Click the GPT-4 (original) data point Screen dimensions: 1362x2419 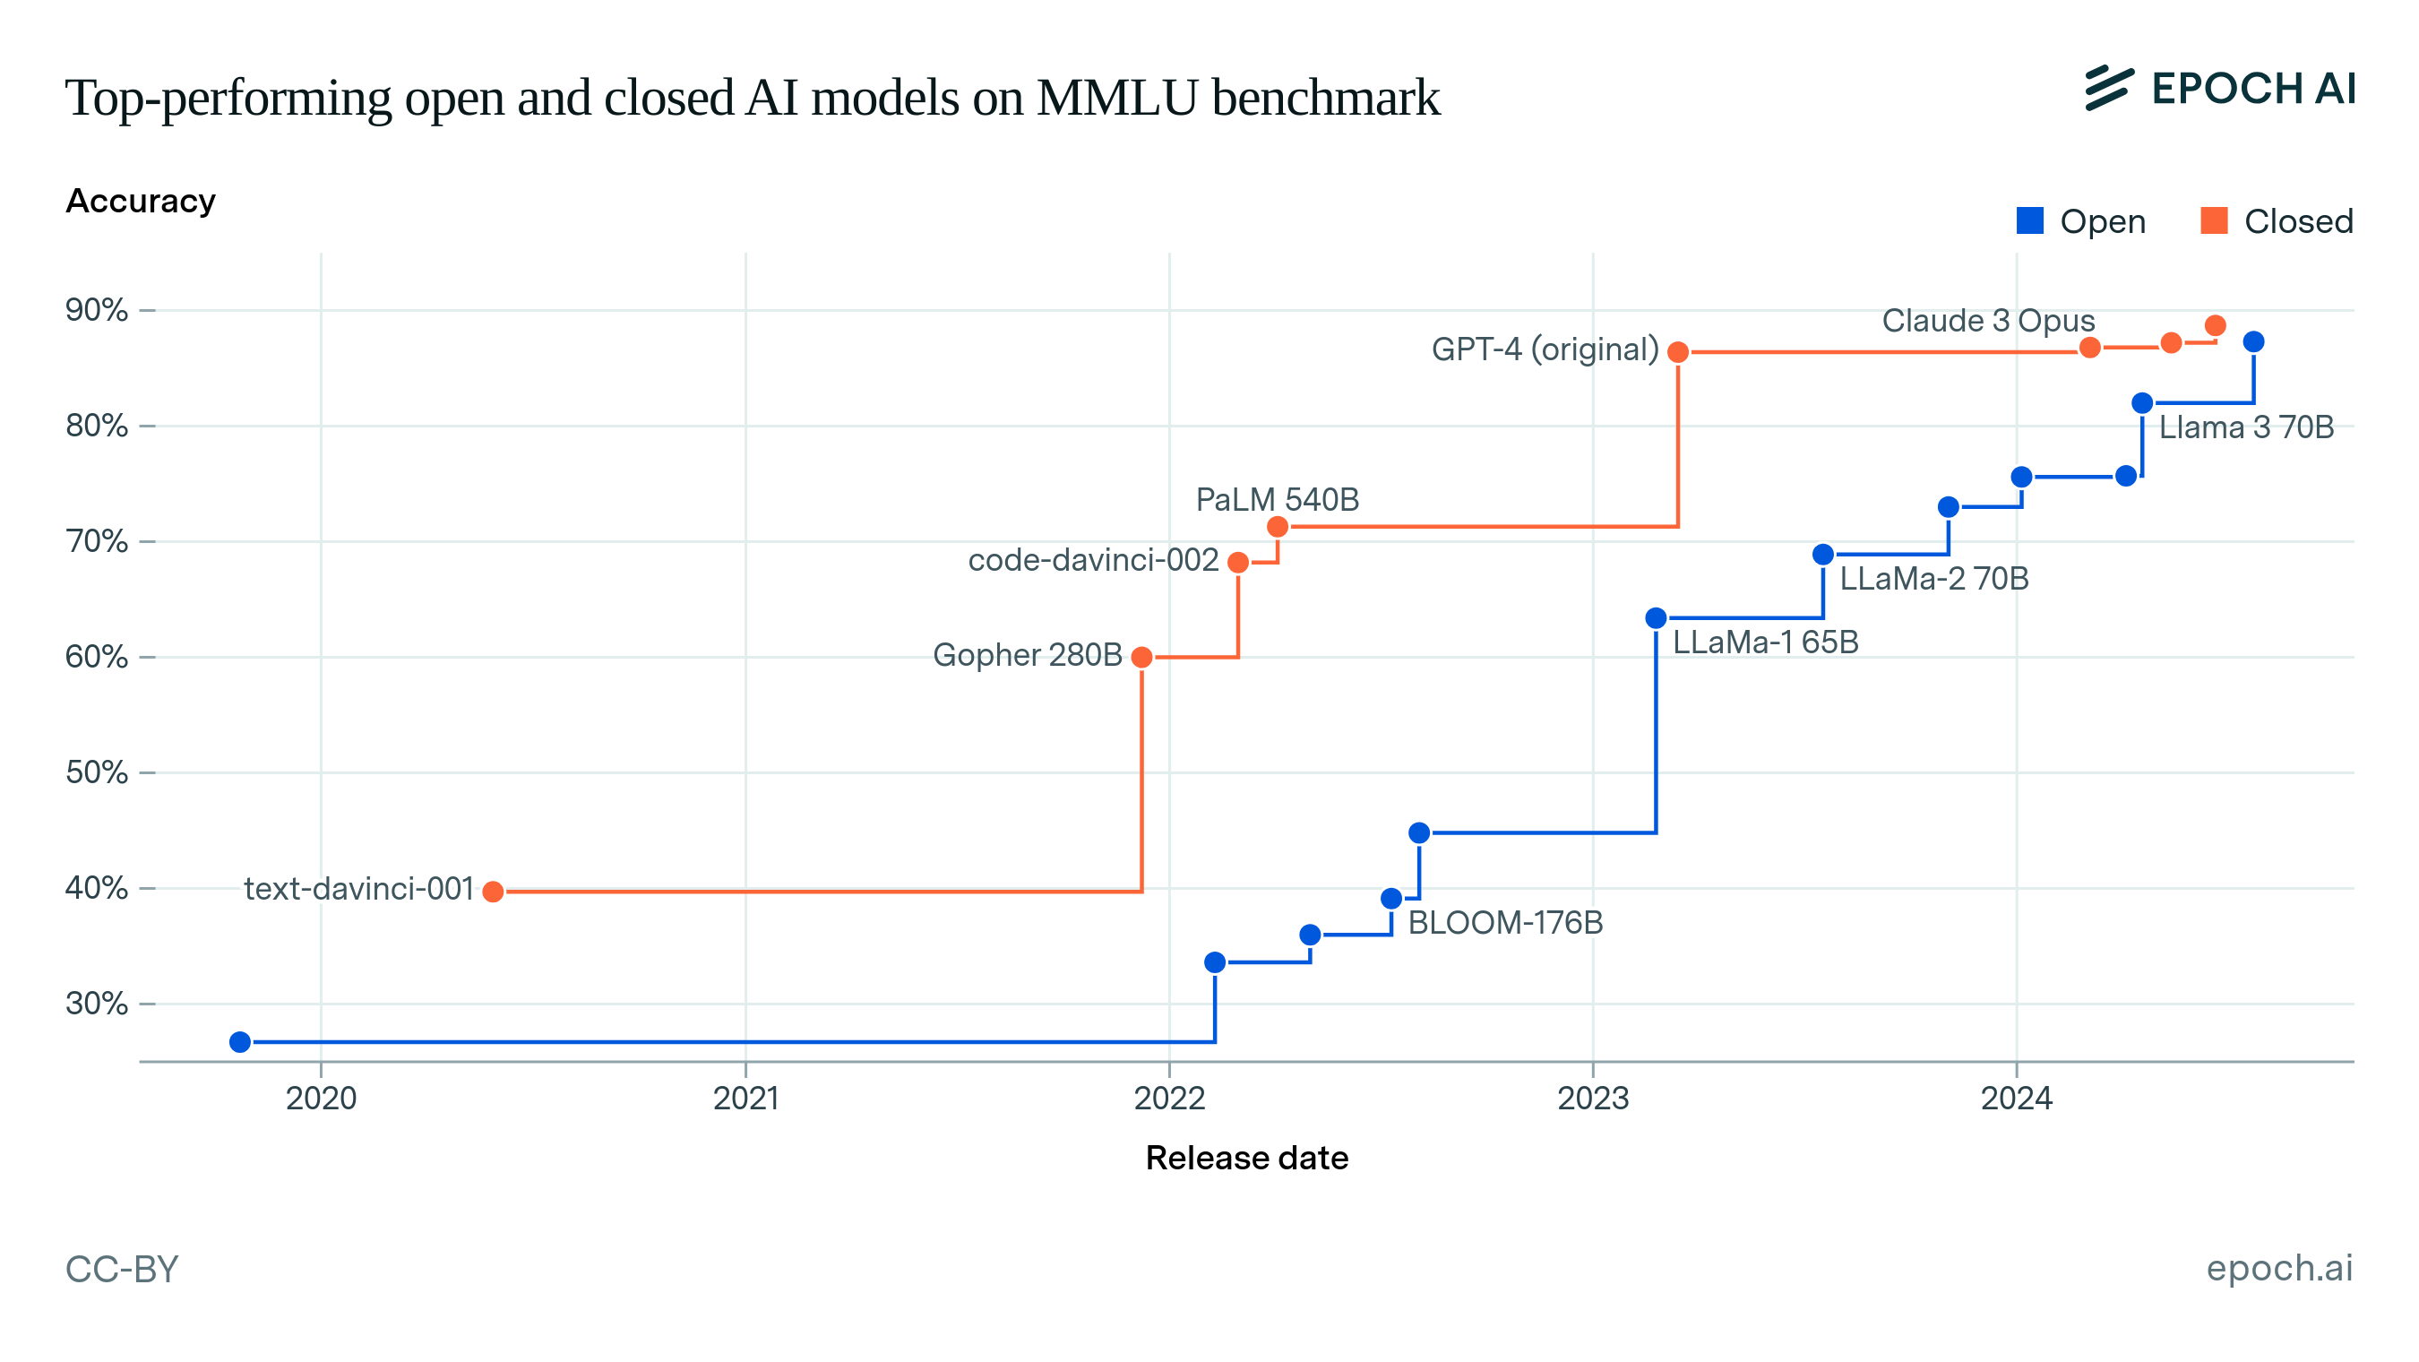(1677, 352)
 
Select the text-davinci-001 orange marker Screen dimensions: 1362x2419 (493, 892)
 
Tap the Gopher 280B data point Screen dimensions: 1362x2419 (1142, 658)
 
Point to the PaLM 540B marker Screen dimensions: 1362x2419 (1277, 527)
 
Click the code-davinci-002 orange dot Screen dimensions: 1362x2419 (1237, 563)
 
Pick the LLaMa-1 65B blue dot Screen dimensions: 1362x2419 (1656, 618)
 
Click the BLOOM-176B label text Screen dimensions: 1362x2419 (1505, 922)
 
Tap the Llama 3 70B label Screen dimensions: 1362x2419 (2246, 427)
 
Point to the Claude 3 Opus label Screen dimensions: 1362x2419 (1988, 322)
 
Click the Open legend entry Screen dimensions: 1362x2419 (2081, 221)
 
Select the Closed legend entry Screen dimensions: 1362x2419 (2277, 221)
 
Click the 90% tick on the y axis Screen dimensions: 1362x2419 (97, 310)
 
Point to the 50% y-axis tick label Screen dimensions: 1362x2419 (97, 772)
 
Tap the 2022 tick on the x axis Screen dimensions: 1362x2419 (1169, 1098)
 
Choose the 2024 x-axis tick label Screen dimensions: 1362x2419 (2016, 1098)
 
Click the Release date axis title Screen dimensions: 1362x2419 (1246, 1159)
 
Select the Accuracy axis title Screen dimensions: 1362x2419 (141, 201)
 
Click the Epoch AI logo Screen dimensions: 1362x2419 (2220, 89)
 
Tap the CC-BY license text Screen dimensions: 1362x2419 (122, 1269)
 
